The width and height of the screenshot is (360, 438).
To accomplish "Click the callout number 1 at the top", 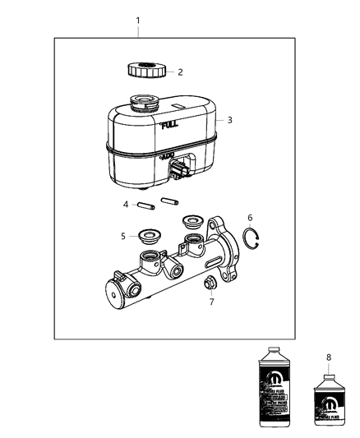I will (138, 20).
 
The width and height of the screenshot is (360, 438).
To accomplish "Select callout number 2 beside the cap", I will (180, 71).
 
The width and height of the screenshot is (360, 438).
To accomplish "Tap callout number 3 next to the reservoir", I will (229, 120).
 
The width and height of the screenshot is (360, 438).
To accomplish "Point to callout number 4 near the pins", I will (126, 205).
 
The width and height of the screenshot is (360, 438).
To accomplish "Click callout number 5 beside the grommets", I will (123, 236).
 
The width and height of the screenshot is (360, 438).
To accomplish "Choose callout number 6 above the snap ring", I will (249, 218).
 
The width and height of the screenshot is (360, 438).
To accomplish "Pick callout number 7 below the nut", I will (211, 302).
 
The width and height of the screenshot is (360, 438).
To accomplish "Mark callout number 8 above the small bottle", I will (330, 357).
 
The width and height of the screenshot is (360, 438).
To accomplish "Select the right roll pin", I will (170, 201).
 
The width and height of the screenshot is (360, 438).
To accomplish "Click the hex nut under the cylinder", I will (209, 285).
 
